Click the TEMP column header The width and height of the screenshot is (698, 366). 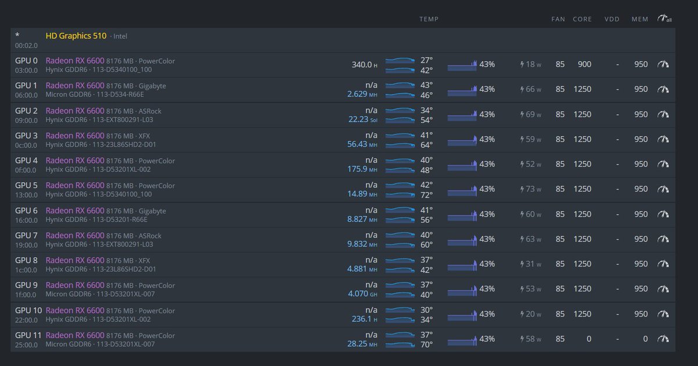click(429, 19)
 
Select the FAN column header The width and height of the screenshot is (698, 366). click(558, 19)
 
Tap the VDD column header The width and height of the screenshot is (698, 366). click(612, 19)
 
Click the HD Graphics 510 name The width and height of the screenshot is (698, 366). click(76, 36)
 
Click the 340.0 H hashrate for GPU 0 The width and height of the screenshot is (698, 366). click(364, 65)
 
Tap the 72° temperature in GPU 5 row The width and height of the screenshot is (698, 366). click(426, 195)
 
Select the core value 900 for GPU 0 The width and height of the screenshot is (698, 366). click(584, 65)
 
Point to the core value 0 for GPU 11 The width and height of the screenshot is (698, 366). click(589, 339)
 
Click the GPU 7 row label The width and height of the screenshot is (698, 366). click(26, 235)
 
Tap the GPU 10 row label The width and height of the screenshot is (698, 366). click(29, 310)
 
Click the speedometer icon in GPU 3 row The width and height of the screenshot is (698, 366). click(663, 140)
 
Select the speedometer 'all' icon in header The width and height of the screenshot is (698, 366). click(664, 19)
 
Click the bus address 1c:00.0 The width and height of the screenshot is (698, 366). click(26, 270)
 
